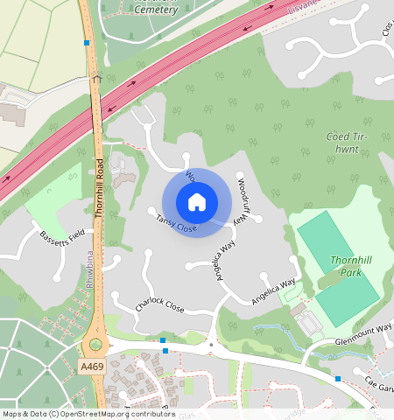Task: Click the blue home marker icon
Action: [197, 202]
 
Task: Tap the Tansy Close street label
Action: [175, 224]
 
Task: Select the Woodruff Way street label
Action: [248, 199]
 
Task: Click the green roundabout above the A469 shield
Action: [95, 345]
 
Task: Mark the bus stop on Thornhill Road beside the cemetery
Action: [86, 42]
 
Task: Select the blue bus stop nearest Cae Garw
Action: [338, 378]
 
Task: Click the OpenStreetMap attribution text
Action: [88, 414]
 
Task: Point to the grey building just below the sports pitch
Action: [309, 325]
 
